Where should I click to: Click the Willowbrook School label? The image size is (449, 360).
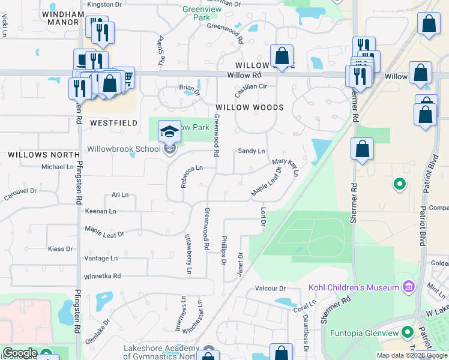click(124, 148)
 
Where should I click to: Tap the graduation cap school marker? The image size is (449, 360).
click(169, 131)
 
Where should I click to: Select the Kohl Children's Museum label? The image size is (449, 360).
click(354, 287)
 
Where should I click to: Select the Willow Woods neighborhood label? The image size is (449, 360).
click(249, 107)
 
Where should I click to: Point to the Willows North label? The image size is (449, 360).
click(35, 155)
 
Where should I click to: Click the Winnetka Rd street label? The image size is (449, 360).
click(101, 276)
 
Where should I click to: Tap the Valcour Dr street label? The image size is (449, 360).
click(270, 289)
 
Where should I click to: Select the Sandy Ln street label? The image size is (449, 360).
click(251, 151)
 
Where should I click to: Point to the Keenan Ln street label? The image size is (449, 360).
click(100, 211)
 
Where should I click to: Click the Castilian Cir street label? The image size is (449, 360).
click(250, 86)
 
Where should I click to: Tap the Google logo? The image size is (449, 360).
click(19, 353)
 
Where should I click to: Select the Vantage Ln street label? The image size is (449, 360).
click(101, 258)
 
